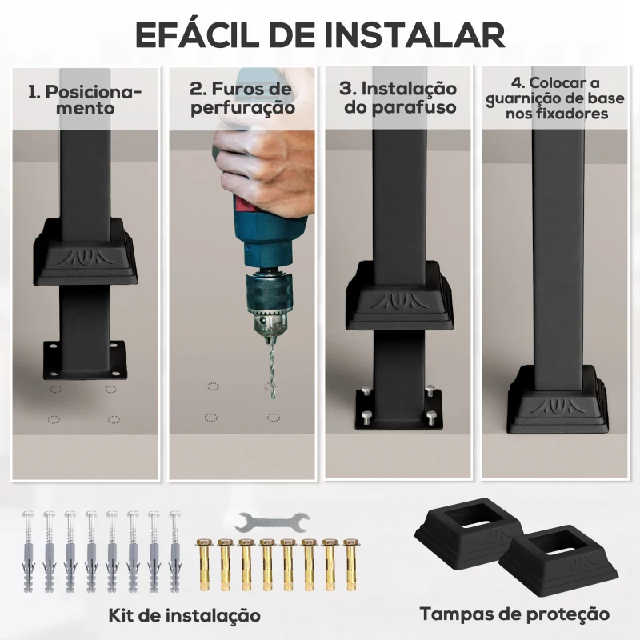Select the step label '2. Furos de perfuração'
coord(242,98)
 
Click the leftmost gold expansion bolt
coord(203,564)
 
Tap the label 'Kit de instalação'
coord(185,616)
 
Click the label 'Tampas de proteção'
coord(514,614)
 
